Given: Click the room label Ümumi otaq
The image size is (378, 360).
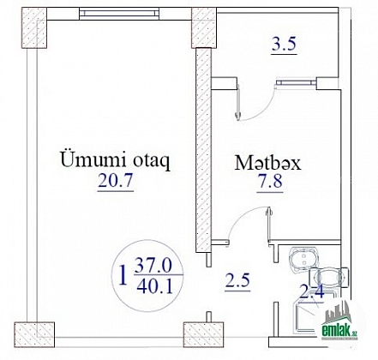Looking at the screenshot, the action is click(116, 160).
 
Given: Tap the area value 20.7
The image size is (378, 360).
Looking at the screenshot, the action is click(116, 181).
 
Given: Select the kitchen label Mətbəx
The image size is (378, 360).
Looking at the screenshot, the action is click(267, 163).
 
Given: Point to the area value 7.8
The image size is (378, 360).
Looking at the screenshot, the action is click(270, 181).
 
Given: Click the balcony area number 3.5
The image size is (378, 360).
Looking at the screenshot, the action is click(284, 45).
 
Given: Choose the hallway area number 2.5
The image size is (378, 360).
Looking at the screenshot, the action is click(237, 280).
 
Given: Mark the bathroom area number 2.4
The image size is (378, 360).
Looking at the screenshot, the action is click(312, 292).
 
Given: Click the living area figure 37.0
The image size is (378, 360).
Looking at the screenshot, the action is click(153, 266).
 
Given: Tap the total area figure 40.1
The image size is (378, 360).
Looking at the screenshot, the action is click(155, 286).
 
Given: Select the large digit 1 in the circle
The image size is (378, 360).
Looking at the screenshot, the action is click(123, 275).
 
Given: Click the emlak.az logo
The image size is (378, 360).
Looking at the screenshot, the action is click(339, 323).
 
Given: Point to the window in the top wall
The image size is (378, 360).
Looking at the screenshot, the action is click(119, 13).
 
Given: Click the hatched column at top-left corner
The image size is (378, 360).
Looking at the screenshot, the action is click(34, 28).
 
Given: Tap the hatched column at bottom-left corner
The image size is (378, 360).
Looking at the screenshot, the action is click(34, 334).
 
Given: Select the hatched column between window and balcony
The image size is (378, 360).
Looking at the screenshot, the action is click(204, 27).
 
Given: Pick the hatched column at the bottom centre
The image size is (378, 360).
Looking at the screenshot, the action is click(202, 334).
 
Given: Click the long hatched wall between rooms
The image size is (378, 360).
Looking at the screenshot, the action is click(203, 151).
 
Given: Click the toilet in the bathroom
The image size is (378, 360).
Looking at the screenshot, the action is click(329, 277).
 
